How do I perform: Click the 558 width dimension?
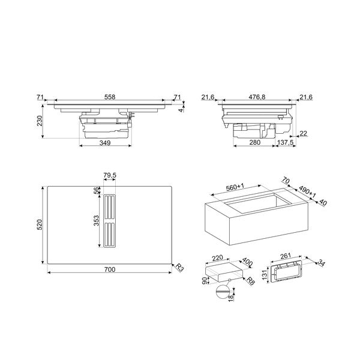(x=110, y=96)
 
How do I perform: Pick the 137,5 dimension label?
(x=286, y=143)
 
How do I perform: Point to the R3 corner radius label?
(x=179, y=268)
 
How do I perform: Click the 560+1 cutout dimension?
(x=235, y=188)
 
